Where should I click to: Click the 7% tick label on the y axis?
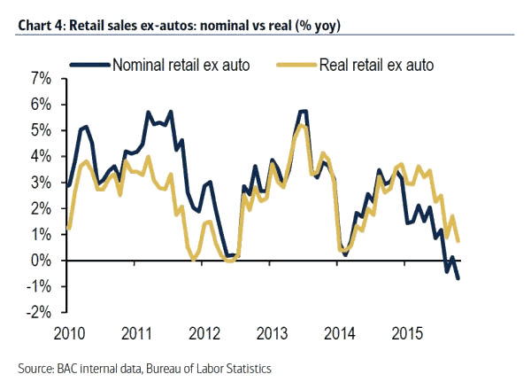pos(40,80)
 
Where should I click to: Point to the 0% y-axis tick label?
pos(40,261)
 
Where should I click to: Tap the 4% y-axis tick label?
pos(40,157)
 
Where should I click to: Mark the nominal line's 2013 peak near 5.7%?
pos(304,111)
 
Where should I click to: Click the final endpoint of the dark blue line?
pos(458,278)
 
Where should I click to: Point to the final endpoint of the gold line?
pos(458,241)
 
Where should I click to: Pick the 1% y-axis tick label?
pos(40,235)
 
